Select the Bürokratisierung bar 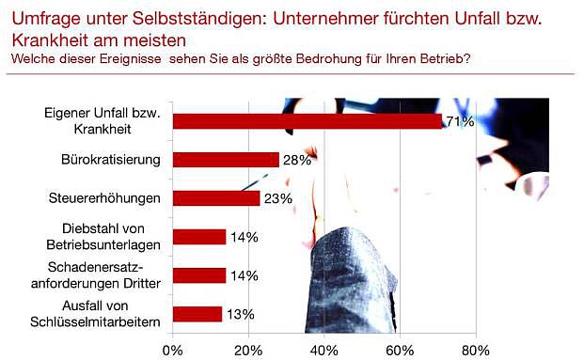226,160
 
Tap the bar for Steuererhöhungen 216,198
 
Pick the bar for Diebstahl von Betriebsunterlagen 199,237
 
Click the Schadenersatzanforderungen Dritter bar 199,275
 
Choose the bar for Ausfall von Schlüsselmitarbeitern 197,314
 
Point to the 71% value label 459,121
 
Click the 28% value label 296,160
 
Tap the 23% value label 277,198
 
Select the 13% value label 239,314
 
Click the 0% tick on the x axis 173,350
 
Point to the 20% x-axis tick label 248,350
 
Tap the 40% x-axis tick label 324,350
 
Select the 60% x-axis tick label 400,350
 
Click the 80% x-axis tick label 475,350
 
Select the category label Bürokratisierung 117,160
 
